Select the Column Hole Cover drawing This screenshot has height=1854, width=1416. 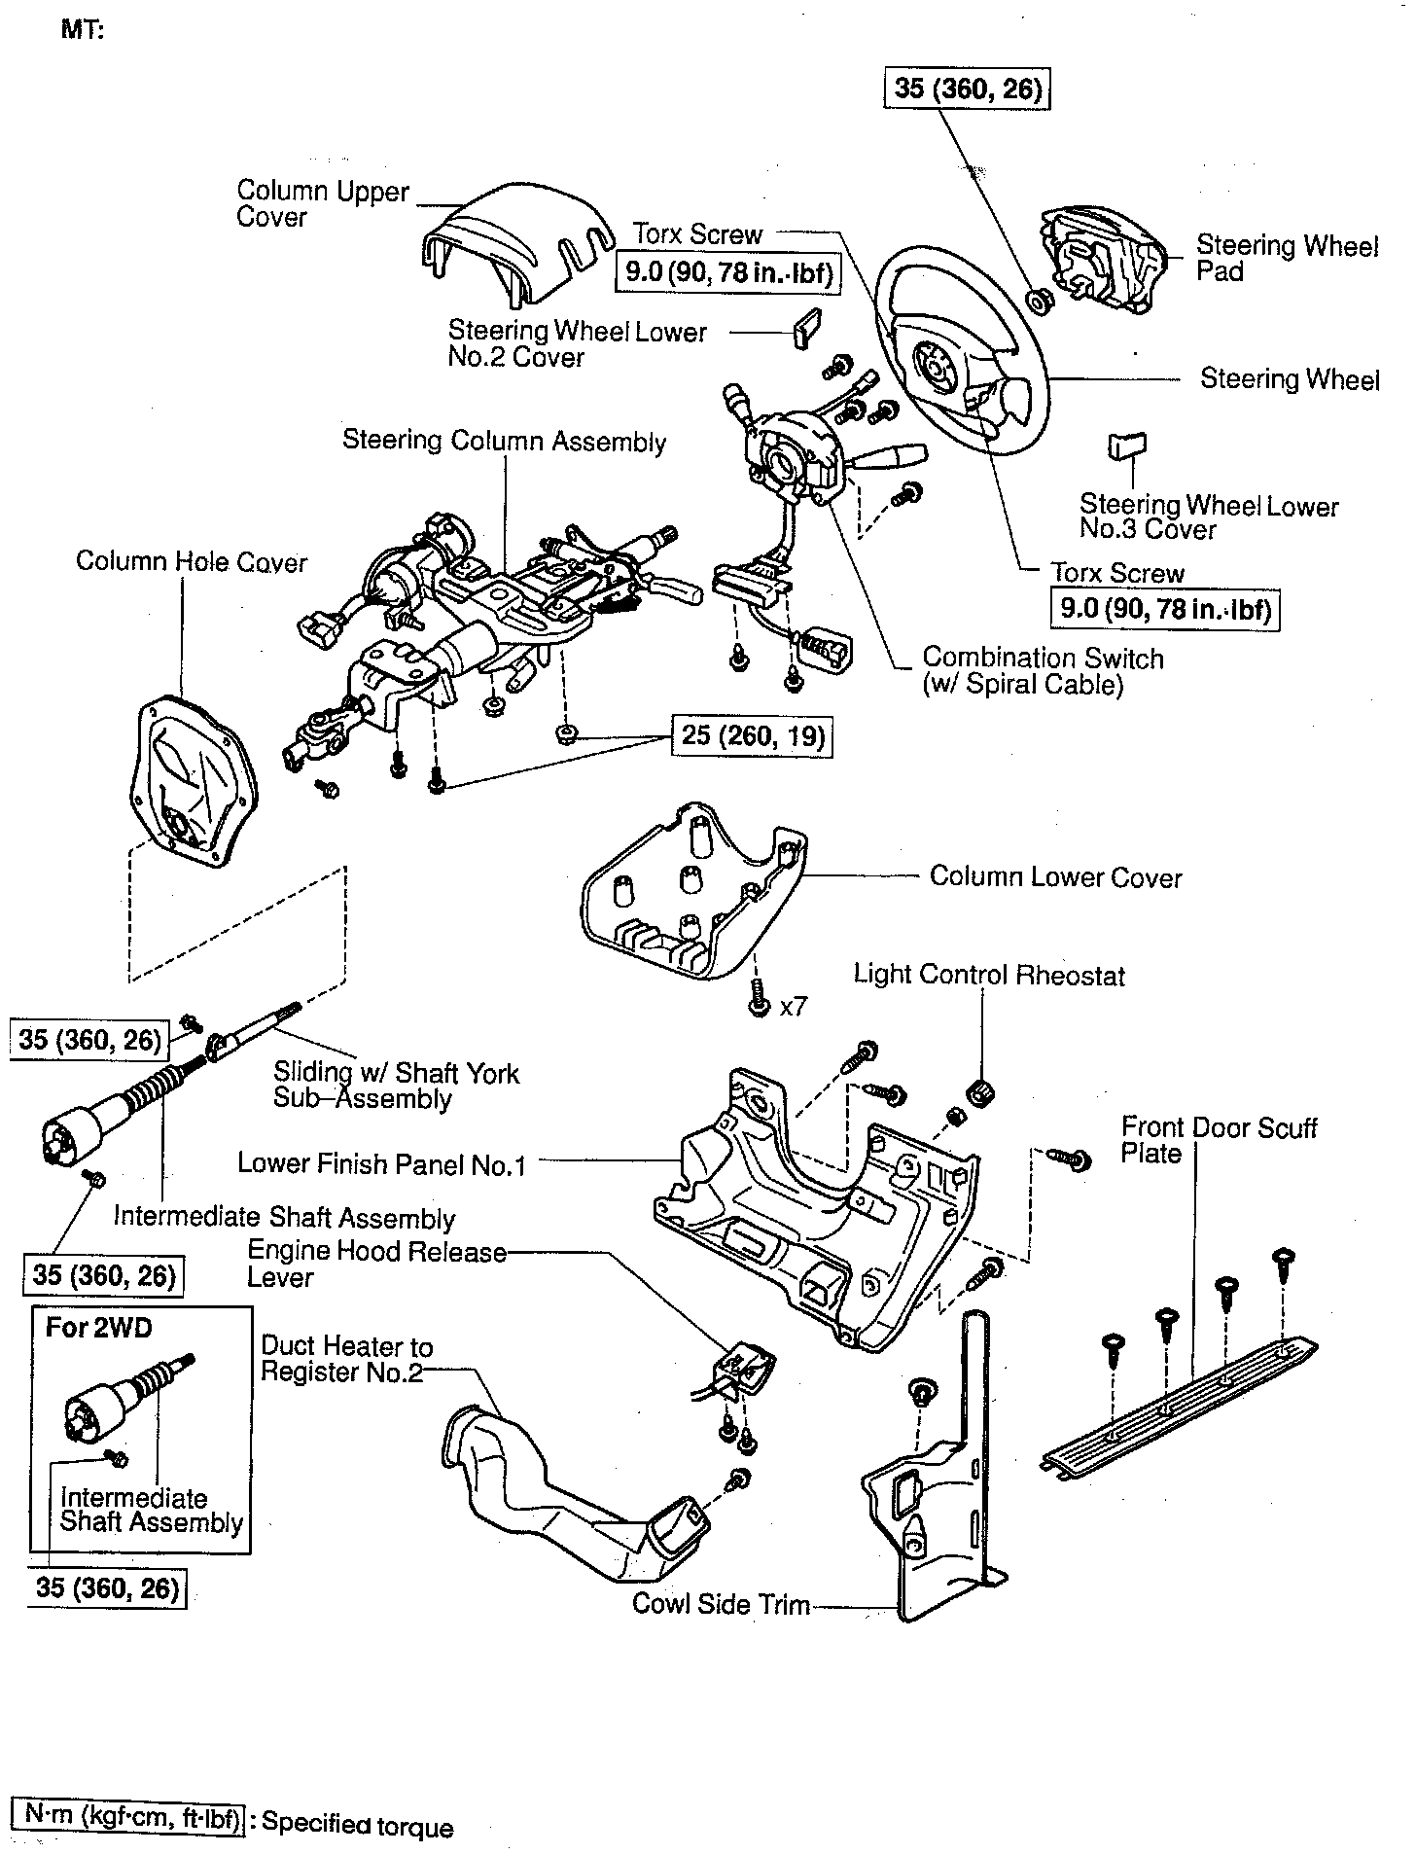point(194,779)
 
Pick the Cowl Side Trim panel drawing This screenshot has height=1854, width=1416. point(934,1517)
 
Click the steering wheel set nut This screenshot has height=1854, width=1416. point(1039,303)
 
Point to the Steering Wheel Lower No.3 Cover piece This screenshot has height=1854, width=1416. point(1125,445)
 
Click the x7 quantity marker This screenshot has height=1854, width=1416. point(794,1006)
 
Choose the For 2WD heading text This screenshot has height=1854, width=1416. point(98,1328)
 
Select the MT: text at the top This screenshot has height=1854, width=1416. point(83,29)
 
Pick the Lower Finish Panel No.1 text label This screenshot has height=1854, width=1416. point(381,1163)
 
